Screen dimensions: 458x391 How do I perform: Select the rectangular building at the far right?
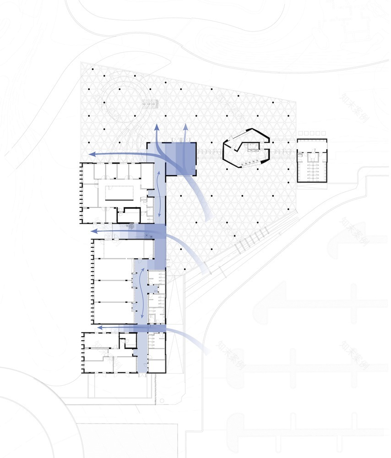click(312, 160)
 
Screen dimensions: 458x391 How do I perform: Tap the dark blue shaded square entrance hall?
click(180, 158)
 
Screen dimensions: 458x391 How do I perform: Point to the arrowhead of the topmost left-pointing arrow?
click(92, 154)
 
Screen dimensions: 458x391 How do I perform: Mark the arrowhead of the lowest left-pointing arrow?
click(100, 327)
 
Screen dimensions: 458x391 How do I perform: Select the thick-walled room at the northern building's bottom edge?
click(132, 215)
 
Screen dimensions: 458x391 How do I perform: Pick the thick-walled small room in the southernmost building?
click(129, 340)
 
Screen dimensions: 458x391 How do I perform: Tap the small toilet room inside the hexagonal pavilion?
click(252, 147)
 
